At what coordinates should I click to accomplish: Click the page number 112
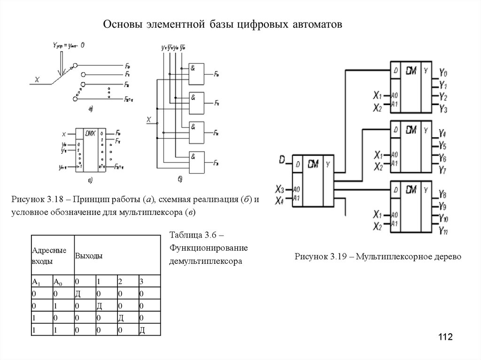pyautogui.click(x=445, y=337)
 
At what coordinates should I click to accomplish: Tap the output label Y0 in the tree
pyautogui.click(x=443, y=74)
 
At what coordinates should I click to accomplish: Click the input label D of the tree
pyautogui.click(x=282, y=161)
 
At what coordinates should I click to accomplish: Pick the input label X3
pyautogui.click(x=280, y=190)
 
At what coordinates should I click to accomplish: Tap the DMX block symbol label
pyautogui.click(x=90, y=134)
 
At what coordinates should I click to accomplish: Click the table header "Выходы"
pyautogui.click(x=89, y=256)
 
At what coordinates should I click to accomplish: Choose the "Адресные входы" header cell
pyautogui.click(x=49, y=256)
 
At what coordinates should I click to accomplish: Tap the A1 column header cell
pyautogui.click(x=36, y=282)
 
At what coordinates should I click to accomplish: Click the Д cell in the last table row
pyautogui.click(x=141, y=330)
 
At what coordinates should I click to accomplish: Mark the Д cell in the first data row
pyautogui.click(x=78, y=294)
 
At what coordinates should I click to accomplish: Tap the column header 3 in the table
pyautogui.click(x=141, y=282)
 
